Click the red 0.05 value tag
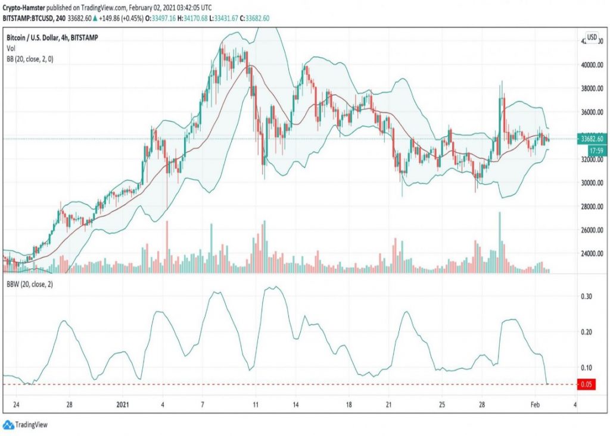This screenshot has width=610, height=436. (x=587, y=384)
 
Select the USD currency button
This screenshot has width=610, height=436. (x=592, y=37)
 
